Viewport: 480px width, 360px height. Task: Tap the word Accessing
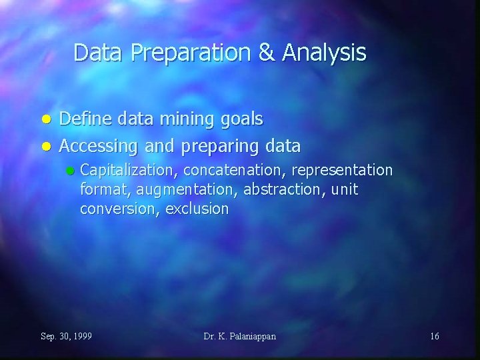coord(97,145)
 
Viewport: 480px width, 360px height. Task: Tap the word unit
coord(345,190)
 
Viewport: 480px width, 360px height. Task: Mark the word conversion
coord(117,209)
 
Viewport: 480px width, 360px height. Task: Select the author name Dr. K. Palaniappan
coord(240,336)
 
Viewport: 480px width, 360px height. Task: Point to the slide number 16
coord(434,336)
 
